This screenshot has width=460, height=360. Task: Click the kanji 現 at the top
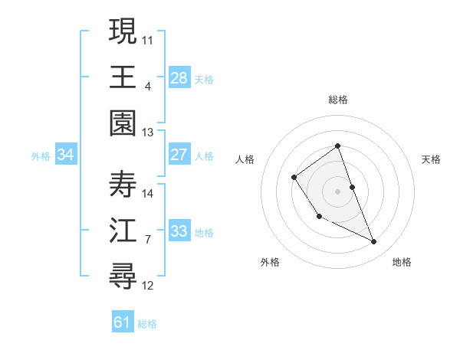[x=123, y=33]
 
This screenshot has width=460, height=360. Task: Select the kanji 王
[x=123, y=77]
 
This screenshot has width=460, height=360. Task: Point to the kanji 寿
[x=123, y=185]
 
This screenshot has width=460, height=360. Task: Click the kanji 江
[x=123, y=231]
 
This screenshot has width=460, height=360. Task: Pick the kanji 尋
[x=123, y=274]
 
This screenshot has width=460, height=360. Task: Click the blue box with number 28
[x=179, y=77]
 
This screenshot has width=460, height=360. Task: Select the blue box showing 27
[x=179, y=155]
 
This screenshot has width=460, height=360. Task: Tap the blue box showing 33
[x=179, y=231]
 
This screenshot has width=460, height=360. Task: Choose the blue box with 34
[x=66, y=155]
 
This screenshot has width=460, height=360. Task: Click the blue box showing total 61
[x=123, y=322]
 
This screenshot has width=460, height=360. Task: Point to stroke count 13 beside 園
[x=147, y=133]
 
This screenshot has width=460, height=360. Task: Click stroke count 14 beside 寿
[x=148, y=193]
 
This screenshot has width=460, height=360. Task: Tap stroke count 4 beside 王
[x=147, y=86]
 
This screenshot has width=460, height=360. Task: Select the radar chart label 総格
[x=337, y=100]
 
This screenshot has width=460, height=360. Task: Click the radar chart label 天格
[x=431, y=159]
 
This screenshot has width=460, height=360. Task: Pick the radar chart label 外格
[x=270, y=262]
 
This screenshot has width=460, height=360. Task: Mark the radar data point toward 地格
[x=374, y=242]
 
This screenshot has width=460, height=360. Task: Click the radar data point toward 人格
[x=294, y=178]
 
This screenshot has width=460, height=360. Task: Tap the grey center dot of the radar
[x=337, y=191]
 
